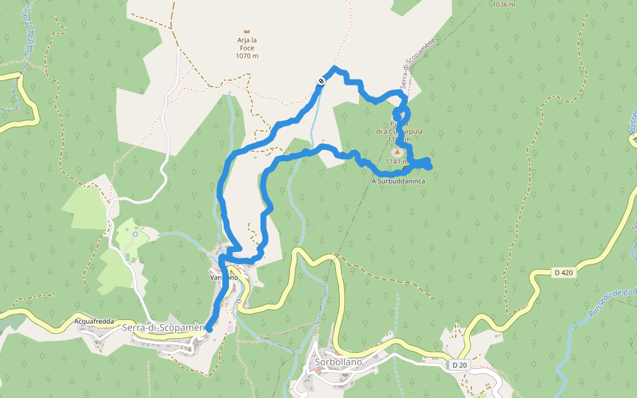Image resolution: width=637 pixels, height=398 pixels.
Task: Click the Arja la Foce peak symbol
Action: (247, 31)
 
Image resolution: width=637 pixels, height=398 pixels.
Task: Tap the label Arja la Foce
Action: (247, 40)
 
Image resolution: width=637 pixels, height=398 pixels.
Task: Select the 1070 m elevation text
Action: (247, 56)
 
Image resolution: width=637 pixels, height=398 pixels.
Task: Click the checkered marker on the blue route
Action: (321, 81)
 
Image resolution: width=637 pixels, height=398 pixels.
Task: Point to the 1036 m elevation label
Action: (504, 5)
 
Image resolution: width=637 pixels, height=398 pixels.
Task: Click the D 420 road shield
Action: (563, 272)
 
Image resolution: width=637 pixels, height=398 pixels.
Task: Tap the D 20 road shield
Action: (459, 365)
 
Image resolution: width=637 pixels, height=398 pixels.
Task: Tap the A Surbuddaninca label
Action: (398, 180)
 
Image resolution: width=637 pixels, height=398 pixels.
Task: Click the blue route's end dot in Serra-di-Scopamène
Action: (209, 328)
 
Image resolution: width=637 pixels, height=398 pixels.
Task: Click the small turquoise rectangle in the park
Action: (128, 256)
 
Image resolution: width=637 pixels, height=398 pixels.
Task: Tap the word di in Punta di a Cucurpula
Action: (380, 131)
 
